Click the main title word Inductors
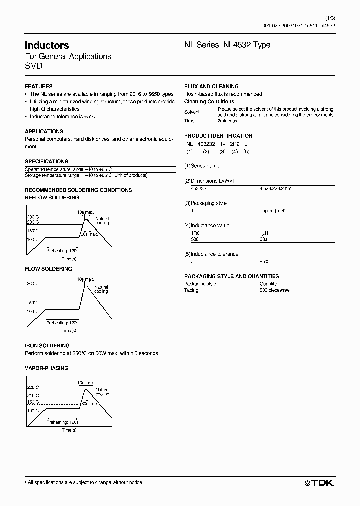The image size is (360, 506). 47,45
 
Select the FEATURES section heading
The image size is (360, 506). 38,86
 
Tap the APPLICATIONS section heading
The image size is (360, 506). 44,131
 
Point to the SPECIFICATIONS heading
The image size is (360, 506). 46,162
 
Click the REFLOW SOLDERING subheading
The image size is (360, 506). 52,198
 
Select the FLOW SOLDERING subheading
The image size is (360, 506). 48,269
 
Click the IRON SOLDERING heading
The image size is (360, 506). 47,346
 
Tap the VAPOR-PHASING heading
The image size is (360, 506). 47,368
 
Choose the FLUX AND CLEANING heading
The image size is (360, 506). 211,86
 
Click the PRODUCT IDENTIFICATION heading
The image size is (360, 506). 218,136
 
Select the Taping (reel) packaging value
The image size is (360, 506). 272,211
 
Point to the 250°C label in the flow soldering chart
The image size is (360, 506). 33,283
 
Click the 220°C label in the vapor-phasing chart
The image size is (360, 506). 33,387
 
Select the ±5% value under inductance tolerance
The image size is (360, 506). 264,262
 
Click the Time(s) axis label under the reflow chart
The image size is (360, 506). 69,259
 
